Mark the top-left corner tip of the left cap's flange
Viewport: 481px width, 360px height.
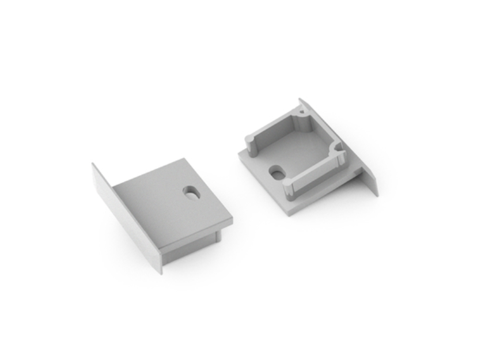[x=93, y=164]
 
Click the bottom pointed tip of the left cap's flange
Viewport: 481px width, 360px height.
[x=161, y=272]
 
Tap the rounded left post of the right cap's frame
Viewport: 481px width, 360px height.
[x=249, y=141]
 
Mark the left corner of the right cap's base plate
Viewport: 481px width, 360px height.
[x=237, y=154]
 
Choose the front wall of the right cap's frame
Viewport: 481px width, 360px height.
[x=317, y=176]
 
